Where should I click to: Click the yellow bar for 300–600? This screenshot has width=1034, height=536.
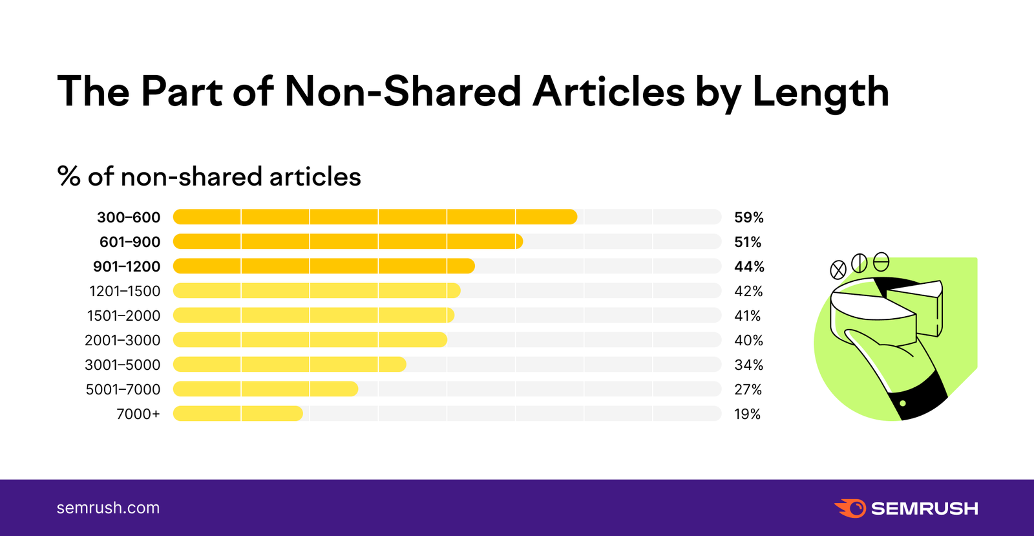[375, 217]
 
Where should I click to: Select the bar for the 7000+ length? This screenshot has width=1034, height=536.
[238, 414]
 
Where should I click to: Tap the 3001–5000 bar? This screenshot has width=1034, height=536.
[290, 365]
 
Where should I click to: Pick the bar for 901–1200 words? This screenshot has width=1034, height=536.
[324, 266]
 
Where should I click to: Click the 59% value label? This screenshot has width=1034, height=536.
[748, 217]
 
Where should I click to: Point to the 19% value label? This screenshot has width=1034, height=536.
[747, 414]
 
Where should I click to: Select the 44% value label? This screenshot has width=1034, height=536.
[749, 266]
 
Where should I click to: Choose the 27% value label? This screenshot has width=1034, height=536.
[748, 389]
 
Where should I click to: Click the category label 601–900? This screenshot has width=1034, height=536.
[130, 242]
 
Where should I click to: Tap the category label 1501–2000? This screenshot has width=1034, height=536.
[123, 316]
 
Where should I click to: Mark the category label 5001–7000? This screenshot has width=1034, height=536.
[123, 389]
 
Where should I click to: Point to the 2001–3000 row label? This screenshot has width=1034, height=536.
[122, 340]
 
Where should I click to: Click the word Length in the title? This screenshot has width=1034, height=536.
[821, 92]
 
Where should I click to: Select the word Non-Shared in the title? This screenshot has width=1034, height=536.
[403, 91]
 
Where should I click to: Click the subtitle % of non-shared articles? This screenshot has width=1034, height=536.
[209, 177]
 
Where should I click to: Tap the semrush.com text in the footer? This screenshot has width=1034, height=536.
[108, 508]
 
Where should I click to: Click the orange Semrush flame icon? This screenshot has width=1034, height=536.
[850, 508]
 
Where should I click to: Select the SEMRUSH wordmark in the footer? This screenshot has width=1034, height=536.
[924, 509]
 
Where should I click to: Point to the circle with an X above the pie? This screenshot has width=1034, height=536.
[838, 270]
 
